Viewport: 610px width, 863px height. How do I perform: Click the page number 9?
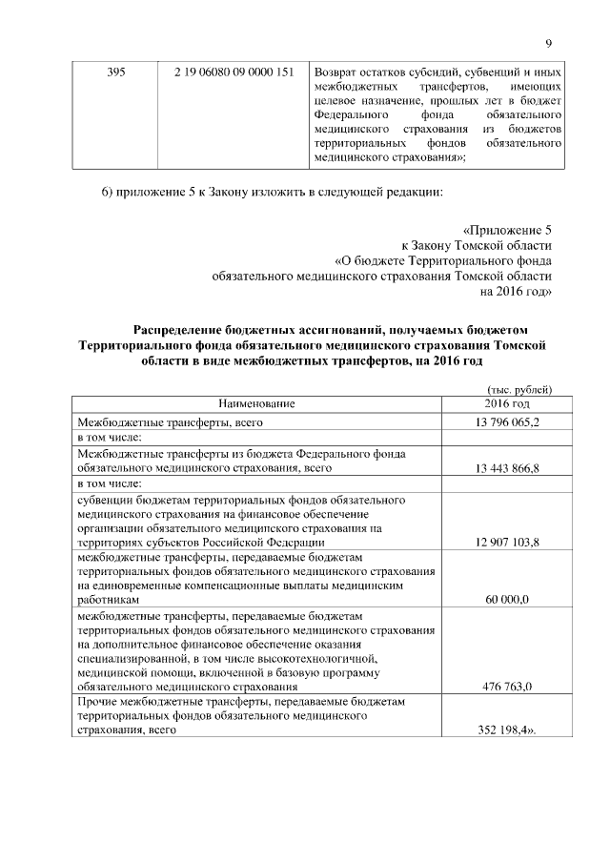(549, 41)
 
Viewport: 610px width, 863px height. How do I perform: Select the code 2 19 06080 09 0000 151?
(233, 72)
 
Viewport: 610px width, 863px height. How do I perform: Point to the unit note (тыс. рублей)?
(518, 389)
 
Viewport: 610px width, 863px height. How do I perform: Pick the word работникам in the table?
(110, 600)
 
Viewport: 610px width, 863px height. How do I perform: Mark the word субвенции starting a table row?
(106, 498)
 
